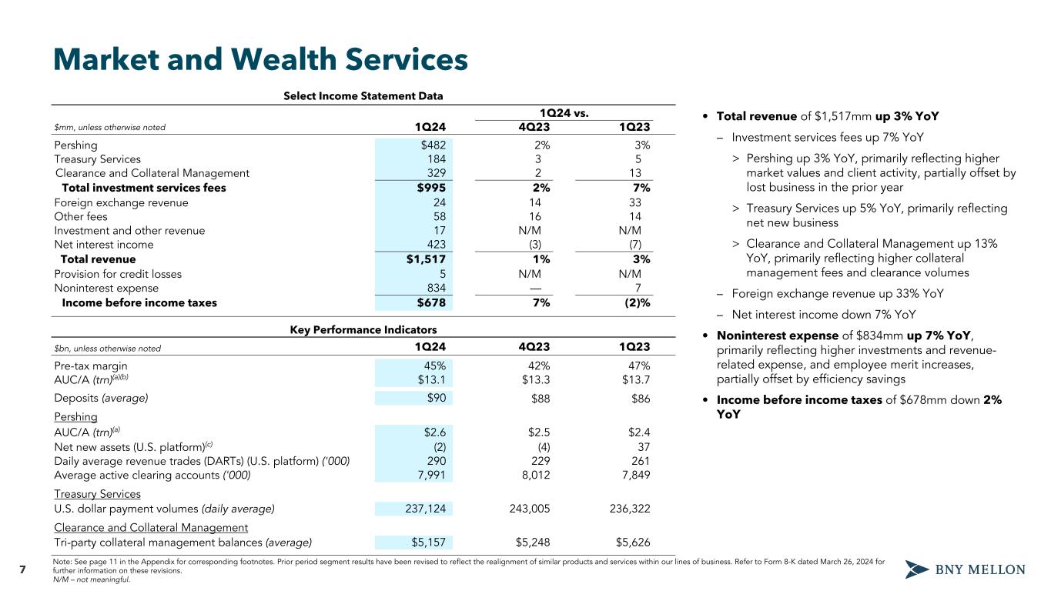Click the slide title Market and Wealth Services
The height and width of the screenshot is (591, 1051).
tap(260, 60)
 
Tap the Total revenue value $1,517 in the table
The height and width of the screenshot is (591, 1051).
tap(426, 259)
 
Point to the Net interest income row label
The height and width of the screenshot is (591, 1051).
tap(104, 245)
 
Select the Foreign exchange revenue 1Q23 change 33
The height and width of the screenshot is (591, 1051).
tap(643, 203)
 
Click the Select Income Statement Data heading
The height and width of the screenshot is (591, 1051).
tap(363, 96)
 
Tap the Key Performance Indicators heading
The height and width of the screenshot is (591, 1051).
tap(363, 329)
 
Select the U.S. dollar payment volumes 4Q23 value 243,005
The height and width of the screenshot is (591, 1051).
tap(524, 509)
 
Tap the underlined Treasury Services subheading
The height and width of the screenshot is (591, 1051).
tap(98, 494)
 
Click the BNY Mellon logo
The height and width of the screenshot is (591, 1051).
tap(965, 570)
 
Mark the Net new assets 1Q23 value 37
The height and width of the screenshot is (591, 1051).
tap(643, 446)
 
